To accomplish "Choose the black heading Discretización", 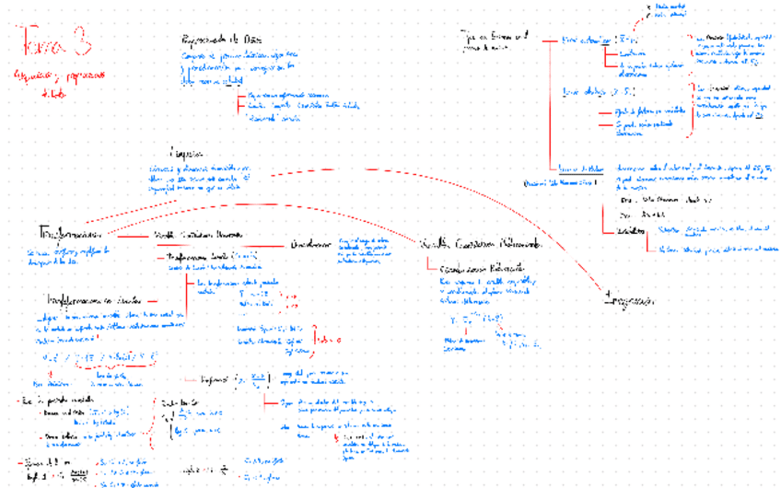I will [x=310, y=245].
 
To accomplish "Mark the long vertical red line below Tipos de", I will [x=549, y=101].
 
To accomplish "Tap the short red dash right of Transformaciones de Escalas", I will [x=152, y=301].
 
